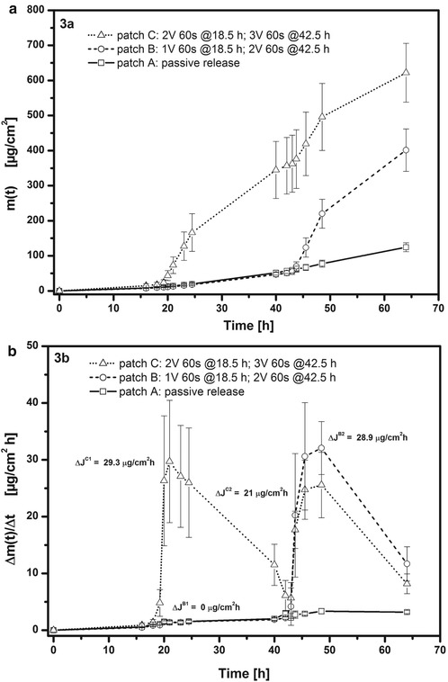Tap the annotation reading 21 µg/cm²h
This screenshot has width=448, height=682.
253,493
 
